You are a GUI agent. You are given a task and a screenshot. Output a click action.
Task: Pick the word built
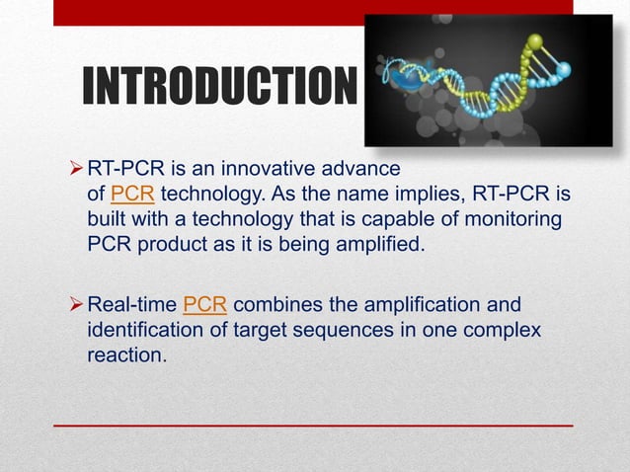point(107,217)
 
